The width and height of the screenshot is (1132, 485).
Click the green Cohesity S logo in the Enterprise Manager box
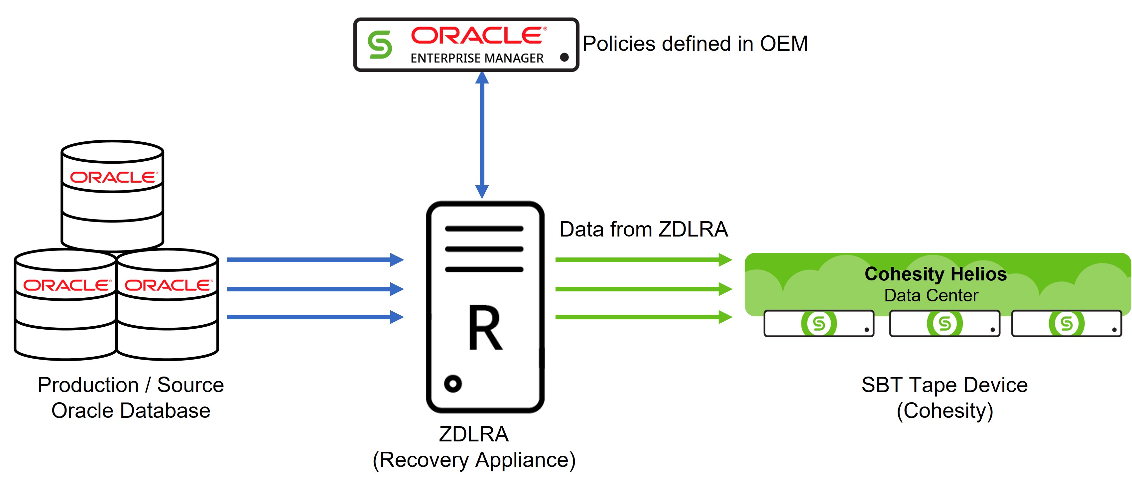coord(380,45)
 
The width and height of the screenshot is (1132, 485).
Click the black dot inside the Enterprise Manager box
coord(564,57)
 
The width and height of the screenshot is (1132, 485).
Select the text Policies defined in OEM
coord(695,44)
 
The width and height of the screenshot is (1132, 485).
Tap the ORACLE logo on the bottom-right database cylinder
coord(168,285)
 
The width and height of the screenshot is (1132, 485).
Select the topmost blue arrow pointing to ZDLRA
coord(314,260)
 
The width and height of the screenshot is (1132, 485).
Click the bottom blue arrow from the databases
coord(314,317)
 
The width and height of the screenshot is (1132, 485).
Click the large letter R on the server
coord(485,328)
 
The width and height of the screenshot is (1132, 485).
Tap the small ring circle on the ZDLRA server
coord(452,384)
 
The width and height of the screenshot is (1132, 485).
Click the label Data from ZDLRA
coord(643,230)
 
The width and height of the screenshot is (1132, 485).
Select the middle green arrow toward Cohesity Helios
coord(643,289)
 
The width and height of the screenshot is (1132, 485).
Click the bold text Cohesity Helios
coord(935,274)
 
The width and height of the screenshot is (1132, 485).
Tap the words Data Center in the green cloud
coord(931,295)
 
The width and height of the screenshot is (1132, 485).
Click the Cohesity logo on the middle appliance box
coord(944,324)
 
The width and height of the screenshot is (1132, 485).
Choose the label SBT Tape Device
coord(944,385)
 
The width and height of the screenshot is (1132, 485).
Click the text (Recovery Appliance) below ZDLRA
coord(474,460)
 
